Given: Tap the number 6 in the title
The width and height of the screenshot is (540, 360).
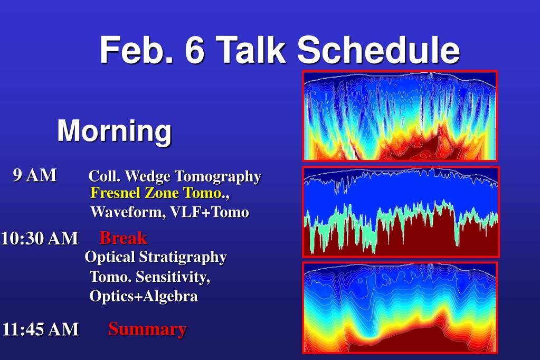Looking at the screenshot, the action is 195,50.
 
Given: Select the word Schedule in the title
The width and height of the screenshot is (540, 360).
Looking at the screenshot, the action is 379,50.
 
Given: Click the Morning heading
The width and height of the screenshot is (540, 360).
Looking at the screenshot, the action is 115,130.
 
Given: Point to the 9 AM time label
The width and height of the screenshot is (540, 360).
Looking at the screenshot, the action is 35,175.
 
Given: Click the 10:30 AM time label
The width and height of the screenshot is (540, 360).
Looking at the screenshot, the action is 40,239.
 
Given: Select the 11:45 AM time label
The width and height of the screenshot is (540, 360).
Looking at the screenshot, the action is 41,329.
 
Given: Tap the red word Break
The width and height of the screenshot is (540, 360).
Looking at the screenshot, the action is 124,238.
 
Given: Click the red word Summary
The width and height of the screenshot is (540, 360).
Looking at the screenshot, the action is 148,329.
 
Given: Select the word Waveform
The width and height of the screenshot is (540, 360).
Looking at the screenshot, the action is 126,212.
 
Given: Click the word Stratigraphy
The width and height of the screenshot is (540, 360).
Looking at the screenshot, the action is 183,258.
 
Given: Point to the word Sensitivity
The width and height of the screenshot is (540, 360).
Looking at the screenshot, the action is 173,277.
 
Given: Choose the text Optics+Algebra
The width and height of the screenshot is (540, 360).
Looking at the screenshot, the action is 144,296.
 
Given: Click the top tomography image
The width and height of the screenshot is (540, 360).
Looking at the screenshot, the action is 400,116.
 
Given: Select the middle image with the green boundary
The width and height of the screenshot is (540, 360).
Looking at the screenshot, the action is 401,212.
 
